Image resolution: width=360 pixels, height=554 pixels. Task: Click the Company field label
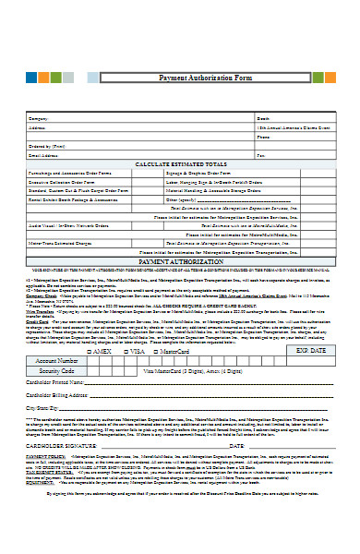37,119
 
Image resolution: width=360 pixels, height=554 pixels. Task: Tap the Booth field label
261,119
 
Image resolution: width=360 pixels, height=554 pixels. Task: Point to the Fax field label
260,154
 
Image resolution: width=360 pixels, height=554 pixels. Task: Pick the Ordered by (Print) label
47,146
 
